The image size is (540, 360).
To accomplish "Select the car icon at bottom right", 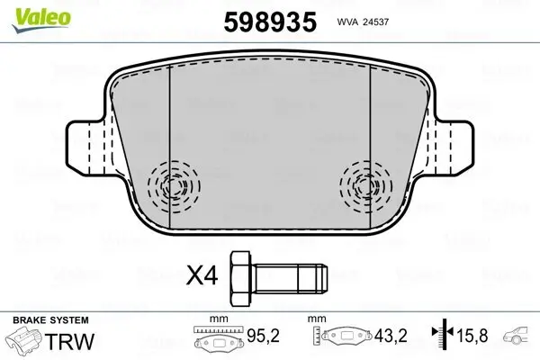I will coord(519,339).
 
